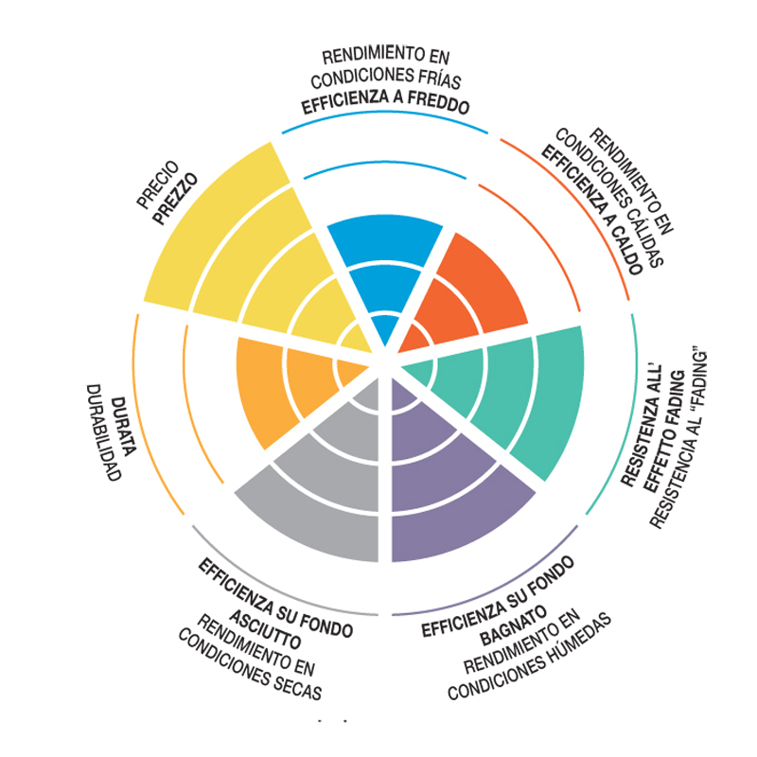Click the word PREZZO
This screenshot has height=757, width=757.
tap(175, 199)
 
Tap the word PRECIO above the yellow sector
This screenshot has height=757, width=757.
tap(158, 185)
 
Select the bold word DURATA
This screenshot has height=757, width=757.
tap(124, 427)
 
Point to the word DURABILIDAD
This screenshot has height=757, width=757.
tap(102, 432)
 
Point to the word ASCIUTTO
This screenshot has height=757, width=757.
tap(265, 629)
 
